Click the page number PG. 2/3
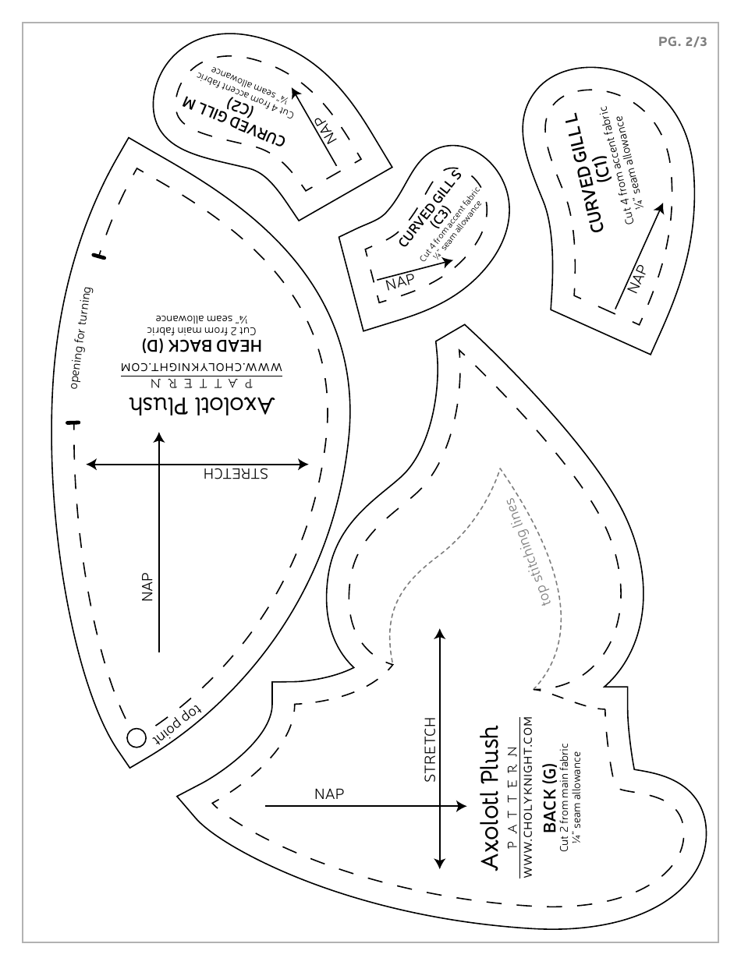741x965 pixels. [x=682, y=43]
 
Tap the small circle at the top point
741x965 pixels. [x=136, y=737]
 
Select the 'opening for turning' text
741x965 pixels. [x=81, y=337]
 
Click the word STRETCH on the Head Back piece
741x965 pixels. [x=235, y=474]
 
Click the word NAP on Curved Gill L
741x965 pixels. [x=637, y=278]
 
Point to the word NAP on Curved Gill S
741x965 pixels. [x=401, y=281]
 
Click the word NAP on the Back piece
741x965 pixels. [x=329, y=794]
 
